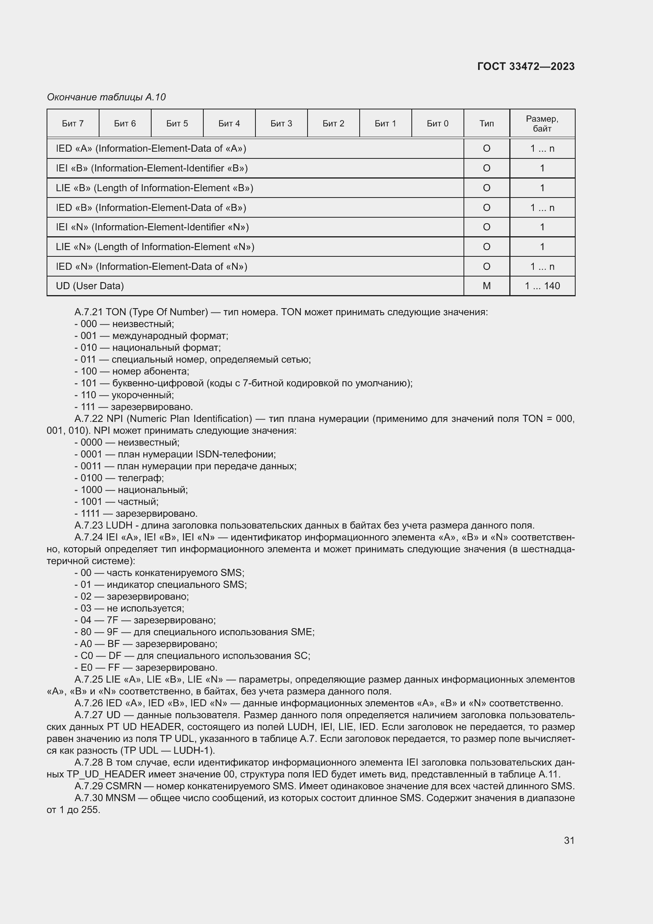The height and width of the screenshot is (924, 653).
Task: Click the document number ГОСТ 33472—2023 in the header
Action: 525,66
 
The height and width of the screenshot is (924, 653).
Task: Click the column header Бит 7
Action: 73,124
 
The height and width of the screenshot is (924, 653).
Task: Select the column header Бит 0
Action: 437,124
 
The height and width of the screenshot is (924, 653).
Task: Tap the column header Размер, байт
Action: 542,124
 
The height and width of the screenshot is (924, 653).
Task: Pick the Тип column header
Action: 486,124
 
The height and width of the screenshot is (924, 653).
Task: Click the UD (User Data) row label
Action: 90,286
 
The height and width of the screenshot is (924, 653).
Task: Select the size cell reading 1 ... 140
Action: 542,286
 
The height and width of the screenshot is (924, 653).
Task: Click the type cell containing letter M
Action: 486,286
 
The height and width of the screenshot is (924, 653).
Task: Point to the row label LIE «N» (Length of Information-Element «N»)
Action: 155,247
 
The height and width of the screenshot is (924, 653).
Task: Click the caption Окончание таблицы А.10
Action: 106,97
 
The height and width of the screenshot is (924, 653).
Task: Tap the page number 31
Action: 569,840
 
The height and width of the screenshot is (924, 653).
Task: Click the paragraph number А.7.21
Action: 88,312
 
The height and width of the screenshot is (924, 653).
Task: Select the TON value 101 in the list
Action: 88,383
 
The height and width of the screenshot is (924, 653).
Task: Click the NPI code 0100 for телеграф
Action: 91,478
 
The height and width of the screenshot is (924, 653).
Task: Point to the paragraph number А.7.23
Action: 88,525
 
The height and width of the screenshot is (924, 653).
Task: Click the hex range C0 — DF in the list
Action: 101,656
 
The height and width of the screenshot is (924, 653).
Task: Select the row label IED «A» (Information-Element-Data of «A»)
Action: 151,149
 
